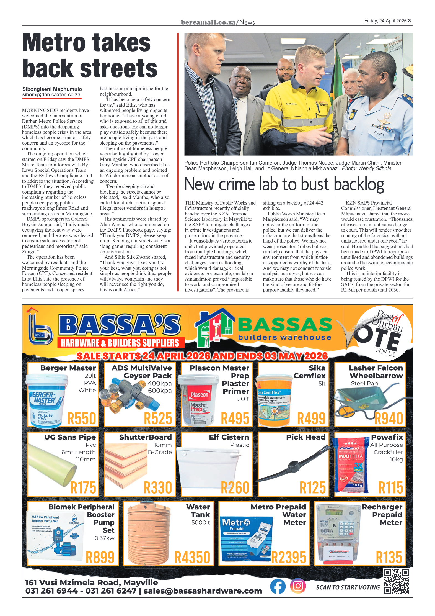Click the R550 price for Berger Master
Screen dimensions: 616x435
pos(82,419)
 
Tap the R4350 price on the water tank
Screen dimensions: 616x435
pos(192,558)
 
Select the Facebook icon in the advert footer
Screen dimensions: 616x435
pos(278,586)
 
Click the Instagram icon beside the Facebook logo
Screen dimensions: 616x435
pos(298,586)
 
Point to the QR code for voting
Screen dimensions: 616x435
pos(396,581)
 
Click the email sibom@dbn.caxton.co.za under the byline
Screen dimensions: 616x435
pos(51,95)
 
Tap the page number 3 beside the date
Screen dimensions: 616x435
pos(409,21)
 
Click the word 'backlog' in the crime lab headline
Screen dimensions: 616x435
pos(359,184)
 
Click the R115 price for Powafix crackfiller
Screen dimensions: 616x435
pos(390,488)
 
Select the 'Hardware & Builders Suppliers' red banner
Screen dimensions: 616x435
pos(120,343)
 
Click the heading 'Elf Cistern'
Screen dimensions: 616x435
pos(229,437)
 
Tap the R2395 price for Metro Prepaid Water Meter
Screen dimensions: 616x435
pos(289,558)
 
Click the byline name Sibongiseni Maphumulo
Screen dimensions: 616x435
pos(52,89)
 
